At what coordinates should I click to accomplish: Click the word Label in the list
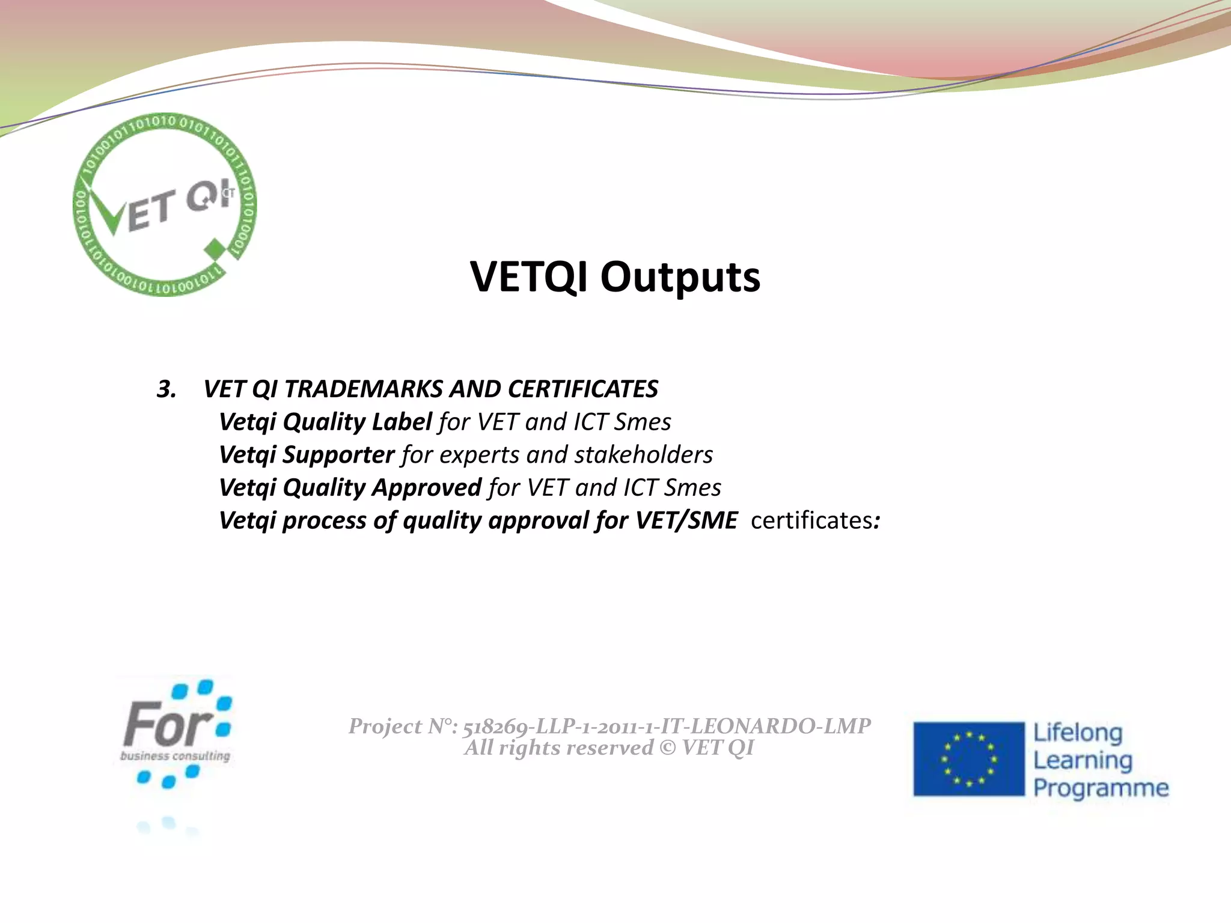point(401,422)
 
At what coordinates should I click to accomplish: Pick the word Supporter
point(338,455)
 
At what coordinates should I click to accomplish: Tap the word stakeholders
point(643,455)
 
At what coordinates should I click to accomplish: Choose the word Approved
point(426,487)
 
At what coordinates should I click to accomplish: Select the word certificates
point(811,520)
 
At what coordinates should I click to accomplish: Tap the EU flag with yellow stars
point(968,759)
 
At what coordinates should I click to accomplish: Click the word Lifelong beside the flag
point(1078,733)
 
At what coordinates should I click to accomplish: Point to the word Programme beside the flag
point(1101,788)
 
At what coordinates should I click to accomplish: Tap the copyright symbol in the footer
point(667,748)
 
